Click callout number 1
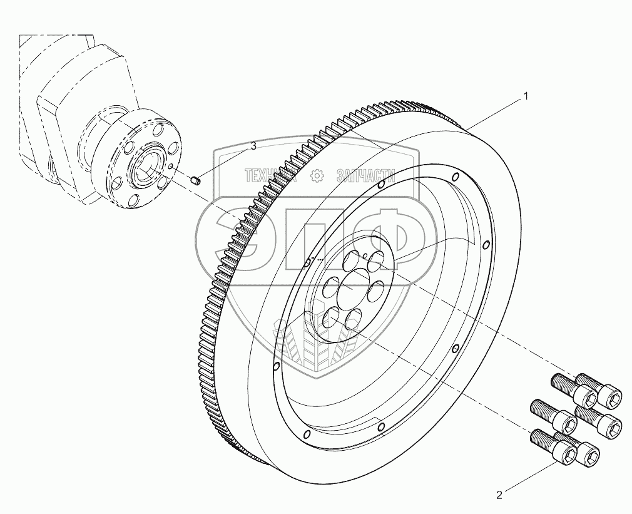tap(526, 96)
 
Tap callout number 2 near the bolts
tap(499, 495)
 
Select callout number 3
tap(253, 146)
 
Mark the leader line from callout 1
tap(494, 113)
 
